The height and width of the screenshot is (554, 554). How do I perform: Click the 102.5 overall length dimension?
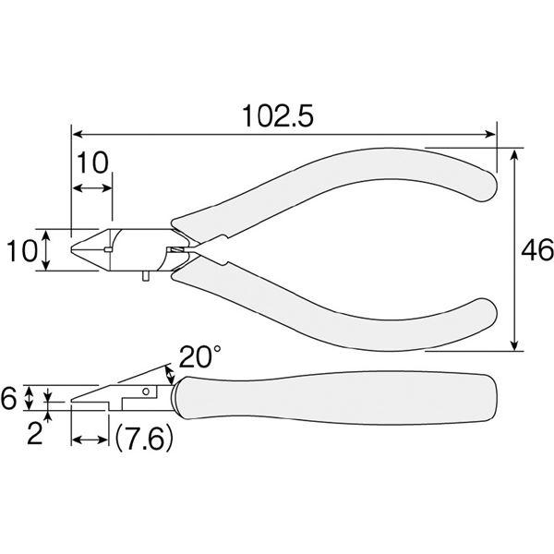278,116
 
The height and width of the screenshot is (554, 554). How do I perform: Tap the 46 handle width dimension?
537,250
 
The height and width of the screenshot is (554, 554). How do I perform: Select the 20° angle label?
200,356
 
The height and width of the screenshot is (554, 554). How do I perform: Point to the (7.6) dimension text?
144,438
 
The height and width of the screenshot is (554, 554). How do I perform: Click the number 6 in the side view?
8,398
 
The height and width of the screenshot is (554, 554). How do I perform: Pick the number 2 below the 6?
35,433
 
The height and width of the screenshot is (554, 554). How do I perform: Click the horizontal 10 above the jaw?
92,163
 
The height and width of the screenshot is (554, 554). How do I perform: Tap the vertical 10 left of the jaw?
22,251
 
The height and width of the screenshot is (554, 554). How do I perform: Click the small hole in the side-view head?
146,391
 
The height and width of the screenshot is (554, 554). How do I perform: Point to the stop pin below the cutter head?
145,275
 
